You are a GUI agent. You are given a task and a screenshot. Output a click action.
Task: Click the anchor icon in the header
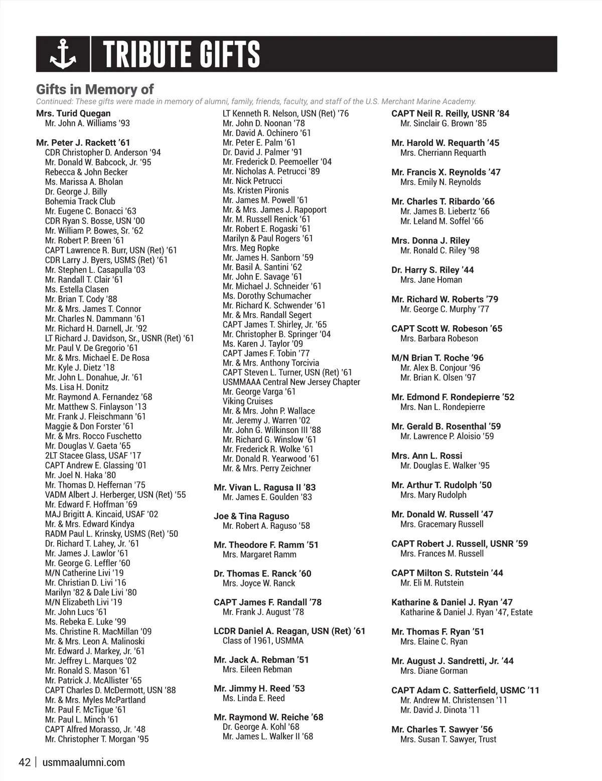(x=63, y=55)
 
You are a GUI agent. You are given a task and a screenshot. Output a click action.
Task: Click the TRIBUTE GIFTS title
(x=182, y=55)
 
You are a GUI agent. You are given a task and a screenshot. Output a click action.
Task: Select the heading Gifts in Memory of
(x=95, y=90)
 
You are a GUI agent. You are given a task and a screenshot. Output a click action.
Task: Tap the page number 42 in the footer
(x=25, y=762)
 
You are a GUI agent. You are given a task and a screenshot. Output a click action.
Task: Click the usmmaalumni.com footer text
(x=84, y=762)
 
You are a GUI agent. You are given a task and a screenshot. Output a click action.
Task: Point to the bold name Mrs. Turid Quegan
(x=73, y=113)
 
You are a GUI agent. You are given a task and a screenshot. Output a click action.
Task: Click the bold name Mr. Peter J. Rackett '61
(x=83, y=143)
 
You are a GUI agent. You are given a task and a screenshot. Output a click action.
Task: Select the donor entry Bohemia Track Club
(x=80, y=202)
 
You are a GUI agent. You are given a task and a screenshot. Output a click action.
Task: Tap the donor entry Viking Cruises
(x=248, y=401)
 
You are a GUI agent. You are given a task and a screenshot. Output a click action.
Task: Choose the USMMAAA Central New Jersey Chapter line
(x=291, y=382)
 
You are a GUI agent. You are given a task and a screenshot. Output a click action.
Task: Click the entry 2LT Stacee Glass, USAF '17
(x=93, y=456)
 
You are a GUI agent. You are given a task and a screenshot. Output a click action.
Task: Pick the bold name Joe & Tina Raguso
(x=251, y=516)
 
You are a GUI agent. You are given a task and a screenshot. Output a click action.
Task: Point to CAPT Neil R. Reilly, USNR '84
(x=450, y=113)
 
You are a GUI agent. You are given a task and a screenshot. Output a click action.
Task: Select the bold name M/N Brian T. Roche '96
(x=437, y=358)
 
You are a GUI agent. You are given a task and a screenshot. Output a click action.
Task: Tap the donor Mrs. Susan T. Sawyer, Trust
(x=448, y=739)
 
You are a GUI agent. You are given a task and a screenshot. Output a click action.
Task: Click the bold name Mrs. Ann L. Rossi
(x=427, y=456)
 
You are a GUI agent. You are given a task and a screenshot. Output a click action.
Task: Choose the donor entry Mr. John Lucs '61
(x=76, y=612)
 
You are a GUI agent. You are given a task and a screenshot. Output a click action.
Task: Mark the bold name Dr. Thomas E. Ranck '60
(x=262, y=573)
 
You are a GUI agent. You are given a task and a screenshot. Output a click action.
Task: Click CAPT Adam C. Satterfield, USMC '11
(x=465, y=690)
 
